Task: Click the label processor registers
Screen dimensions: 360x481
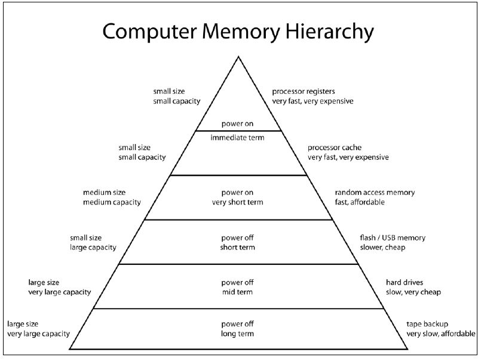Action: coord(304,92)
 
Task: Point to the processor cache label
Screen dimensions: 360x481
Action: coord(335,148)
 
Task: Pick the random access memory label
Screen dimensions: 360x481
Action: coord(375,193)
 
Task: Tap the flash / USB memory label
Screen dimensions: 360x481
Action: coord(393,237)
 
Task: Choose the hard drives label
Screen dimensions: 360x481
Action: coord(406,282)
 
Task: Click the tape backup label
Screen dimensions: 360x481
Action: coord(428,324)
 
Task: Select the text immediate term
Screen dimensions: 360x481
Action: coord(237,138)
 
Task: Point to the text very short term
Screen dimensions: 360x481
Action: coord(237,202)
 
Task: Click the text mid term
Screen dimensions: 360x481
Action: coord(237,292)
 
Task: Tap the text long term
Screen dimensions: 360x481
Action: coord(237,333)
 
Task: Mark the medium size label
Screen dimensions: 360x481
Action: coord(104,193)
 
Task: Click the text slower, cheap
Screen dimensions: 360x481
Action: coord(383,247)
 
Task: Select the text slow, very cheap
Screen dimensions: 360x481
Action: coord(413,292)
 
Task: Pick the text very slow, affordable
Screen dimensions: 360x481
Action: coord(441,333)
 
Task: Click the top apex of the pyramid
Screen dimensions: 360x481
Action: coord(238,57)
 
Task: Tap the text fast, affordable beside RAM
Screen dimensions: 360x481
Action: coord(360,202)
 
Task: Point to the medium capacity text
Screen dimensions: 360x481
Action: coord(112,202)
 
